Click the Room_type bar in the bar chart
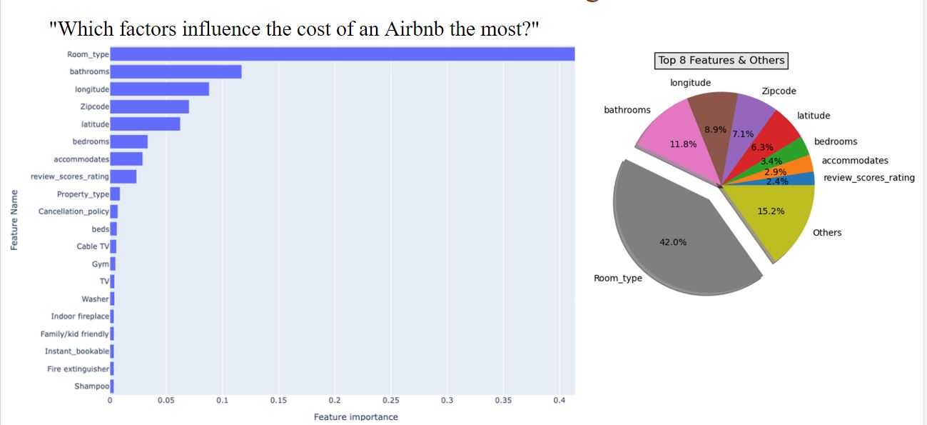[x=343, y=54]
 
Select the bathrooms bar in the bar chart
[x=176, y=71]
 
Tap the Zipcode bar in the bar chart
[x=150, y=106]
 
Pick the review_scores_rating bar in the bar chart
[x=123, y=176]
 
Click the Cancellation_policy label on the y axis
[x=74, y=211]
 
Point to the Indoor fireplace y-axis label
[x=80, y=316]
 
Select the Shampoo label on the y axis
[x=92, y=386]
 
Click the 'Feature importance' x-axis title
[x=356, y=416]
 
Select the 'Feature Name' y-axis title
[x=14, y=220]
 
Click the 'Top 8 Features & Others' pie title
[x=721, y=61]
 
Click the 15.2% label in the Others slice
[x=771, y=211]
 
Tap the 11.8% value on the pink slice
[x=683, y=144]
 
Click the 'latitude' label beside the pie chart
[x=814, y=116]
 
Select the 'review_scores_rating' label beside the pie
[x=868, y=178]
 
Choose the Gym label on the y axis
[x=101, y=264]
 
